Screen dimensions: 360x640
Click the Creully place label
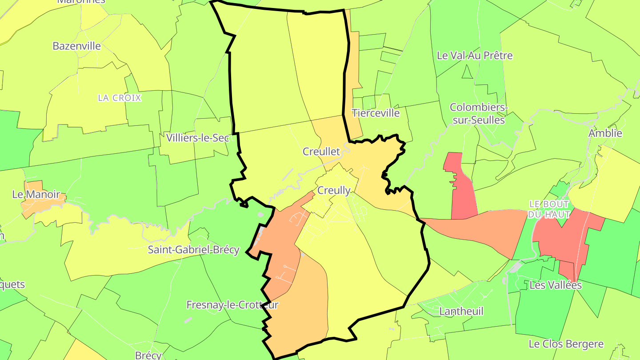tap(334, 191)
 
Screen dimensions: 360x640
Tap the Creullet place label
tap(321, 152)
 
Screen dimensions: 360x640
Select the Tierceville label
tap(376, 113)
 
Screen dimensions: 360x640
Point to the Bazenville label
tap(76, 46)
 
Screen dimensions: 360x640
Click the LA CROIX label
tap(120, 98)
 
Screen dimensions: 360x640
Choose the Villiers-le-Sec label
tap(197, 138)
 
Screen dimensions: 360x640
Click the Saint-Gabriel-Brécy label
tap(193, 250)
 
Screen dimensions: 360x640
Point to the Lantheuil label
tap(461, 311)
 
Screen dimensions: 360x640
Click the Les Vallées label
tap(556, 285)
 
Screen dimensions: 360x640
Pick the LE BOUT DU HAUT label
tap(549, 209)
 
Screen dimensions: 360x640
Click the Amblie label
tap(605, 133)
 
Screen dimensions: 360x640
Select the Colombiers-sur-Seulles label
tap(477, 114)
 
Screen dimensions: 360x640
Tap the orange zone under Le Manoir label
tap(42, 204)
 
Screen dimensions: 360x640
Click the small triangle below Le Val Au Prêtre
tap(466, 72)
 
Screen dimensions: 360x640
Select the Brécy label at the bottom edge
tap(148, 356)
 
